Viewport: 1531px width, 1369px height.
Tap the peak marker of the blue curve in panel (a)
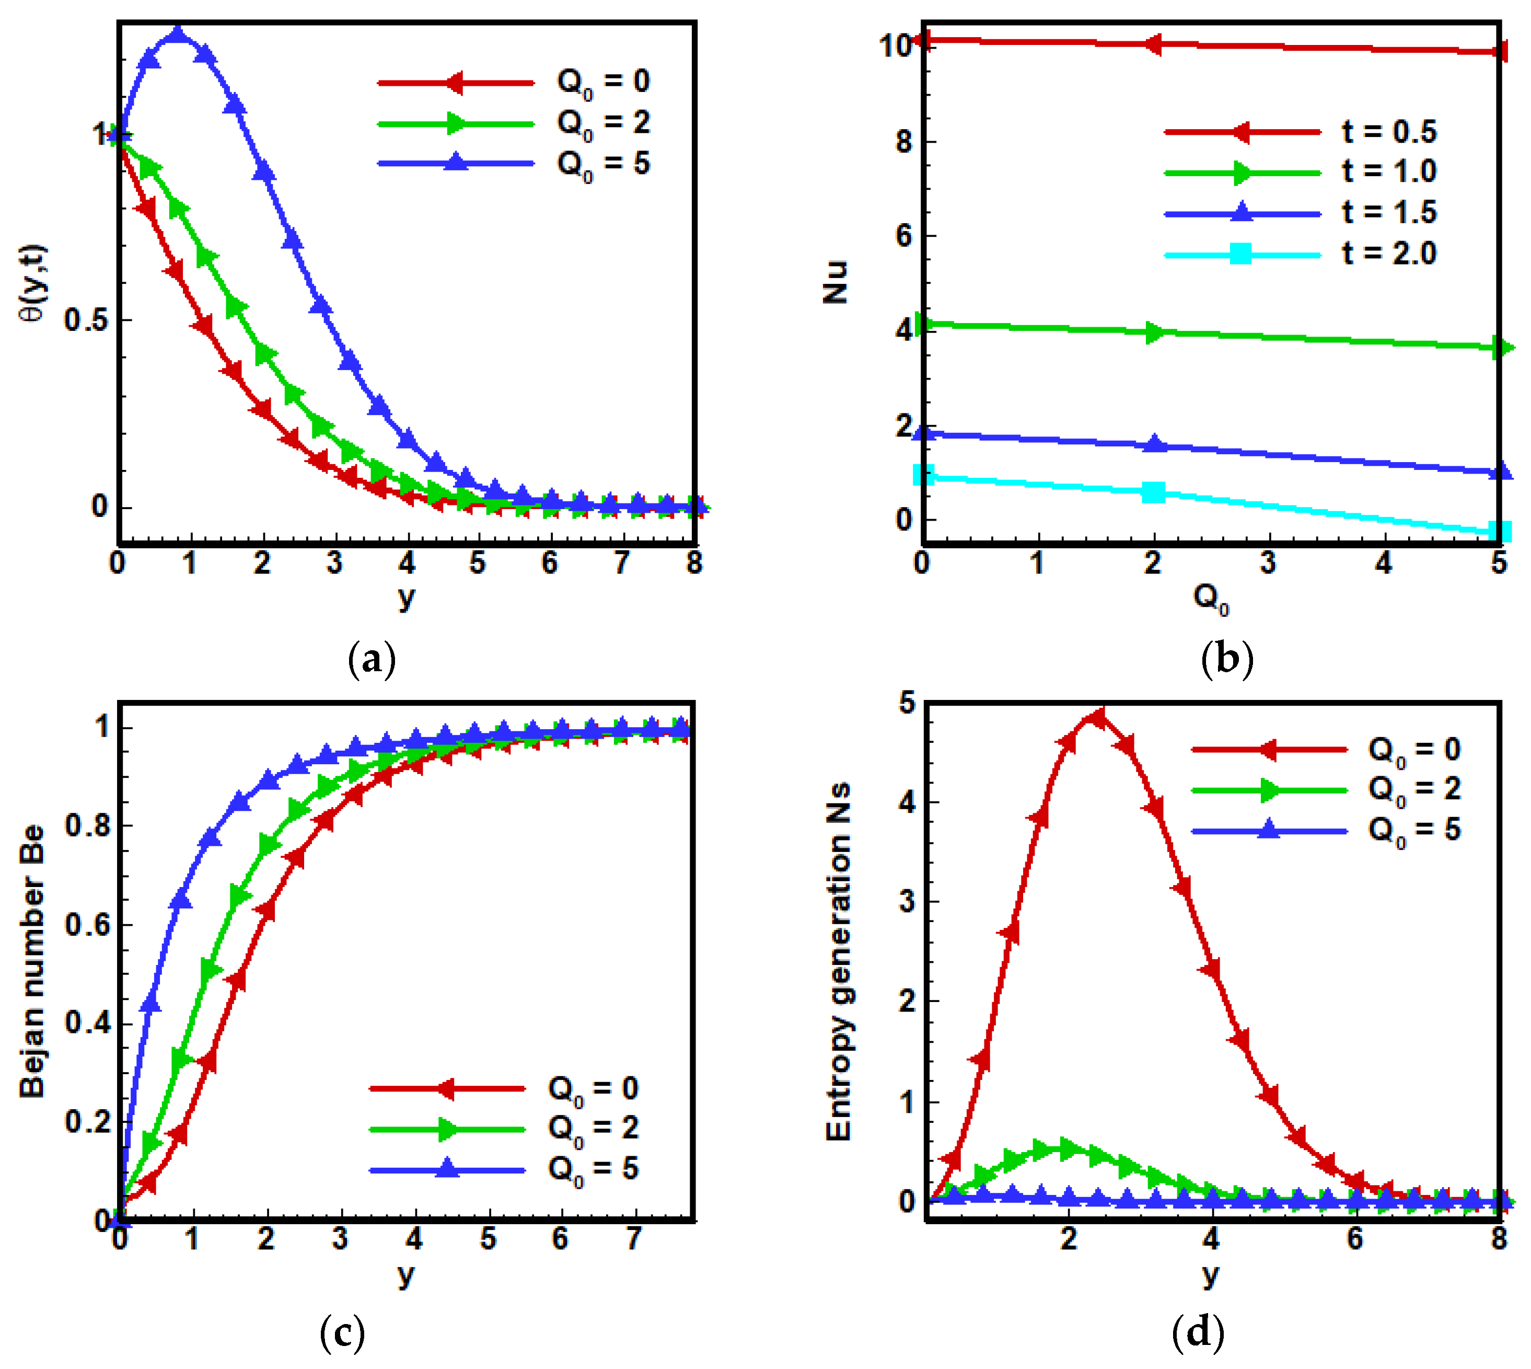click(178, 34)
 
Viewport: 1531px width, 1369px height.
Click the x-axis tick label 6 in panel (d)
click(1354, 1239)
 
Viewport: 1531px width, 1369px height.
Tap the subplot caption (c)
click(342, 1333)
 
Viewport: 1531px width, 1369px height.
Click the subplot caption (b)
click(1227, 659)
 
